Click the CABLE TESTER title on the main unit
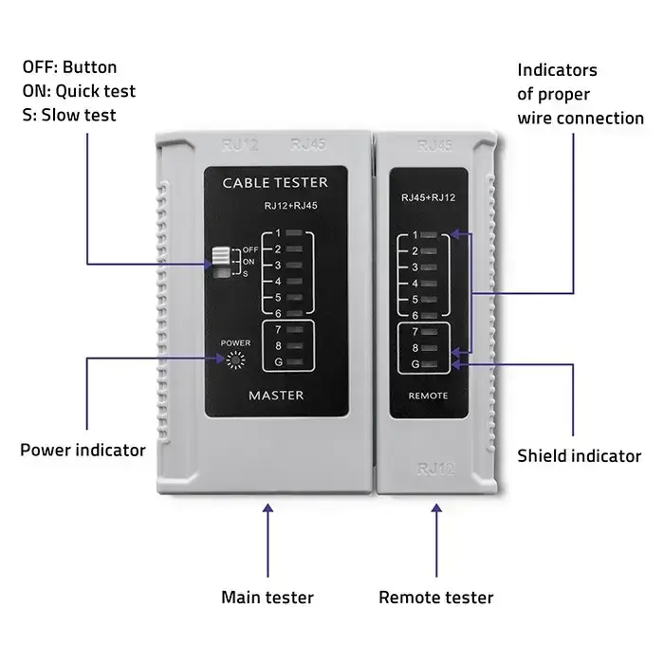click(274, 182)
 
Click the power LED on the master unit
click(233, 360)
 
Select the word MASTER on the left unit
click(275, 394)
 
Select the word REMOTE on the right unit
click(427, 395)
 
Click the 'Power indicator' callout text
click(83, 450)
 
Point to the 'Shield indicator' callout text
click(579, 456)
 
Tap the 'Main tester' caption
click(267, 598)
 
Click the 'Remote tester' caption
click(435, 598)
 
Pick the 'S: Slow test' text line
click(69, 115)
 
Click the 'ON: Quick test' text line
click(79, 91)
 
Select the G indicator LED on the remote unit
click(432, 363)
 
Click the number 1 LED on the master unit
click(296, 232)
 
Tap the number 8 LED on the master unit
click(296, 345)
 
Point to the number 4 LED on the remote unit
click(432, 284)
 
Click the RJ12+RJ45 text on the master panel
click(291, 204)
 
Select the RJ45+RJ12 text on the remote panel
click(429, 198)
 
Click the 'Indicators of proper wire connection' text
click(580, 94)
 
